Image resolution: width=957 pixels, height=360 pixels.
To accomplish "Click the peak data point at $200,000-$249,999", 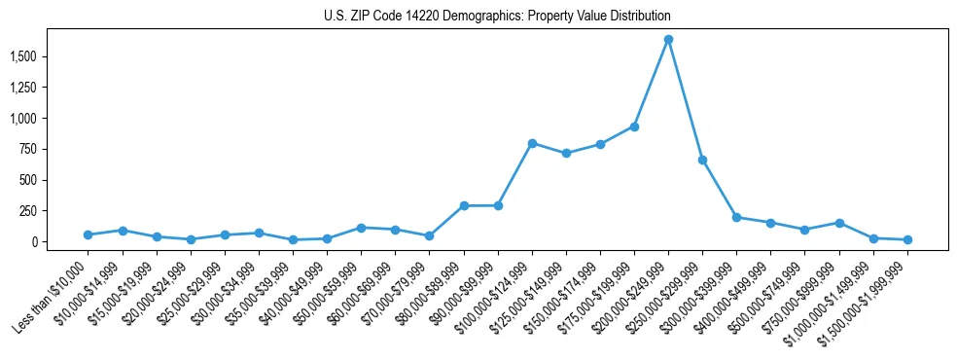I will click(x=668, y=40).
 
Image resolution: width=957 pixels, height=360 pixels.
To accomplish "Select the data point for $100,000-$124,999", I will click(x=532, y=143).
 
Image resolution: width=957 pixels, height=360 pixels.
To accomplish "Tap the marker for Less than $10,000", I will click(x=89, y=234).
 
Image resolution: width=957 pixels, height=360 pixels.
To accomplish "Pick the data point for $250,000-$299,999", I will click(x=702, y=160).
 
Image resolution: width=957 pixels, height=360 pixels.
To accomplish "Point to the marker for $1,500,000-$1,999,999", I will click(x=907, y=239).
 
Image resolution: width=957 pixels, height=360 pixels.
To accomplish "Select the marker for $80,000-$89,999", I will click(x=464, y=205).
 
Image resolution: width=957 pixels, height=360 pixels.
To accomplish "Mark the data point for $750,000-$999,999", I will click(x=839, y=223).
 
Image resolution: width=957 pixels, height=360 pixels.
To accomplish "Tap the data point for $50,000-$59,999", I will click(x=361, y=228).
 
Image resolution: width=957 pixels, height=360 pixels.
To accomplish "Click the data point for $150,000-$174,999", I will click(x=566, y=153).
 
